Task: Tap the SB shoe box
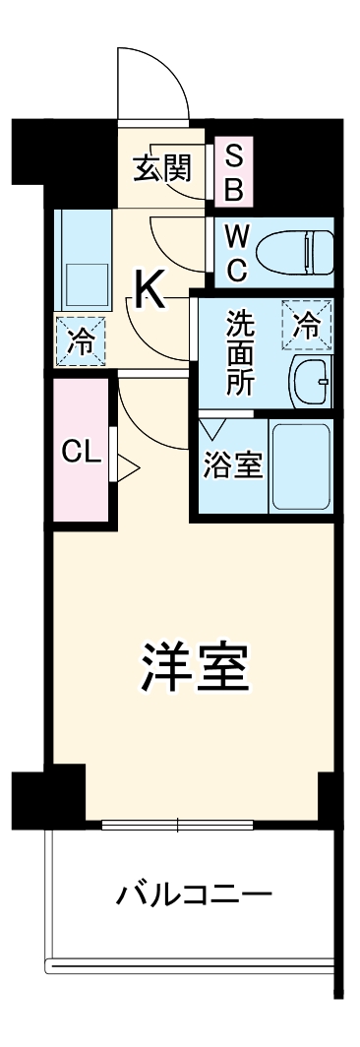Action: [x=233, y=171]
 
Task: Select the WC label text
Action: [x=236, y=252]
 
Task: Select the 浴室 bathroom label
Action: [x=233, y=465]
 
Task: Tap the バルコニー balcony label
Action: [x=194, y=896]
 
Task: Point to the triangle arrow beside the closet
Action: [x=126, y=466]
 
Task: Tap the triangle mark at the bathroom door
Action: [x=212, y=429]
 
